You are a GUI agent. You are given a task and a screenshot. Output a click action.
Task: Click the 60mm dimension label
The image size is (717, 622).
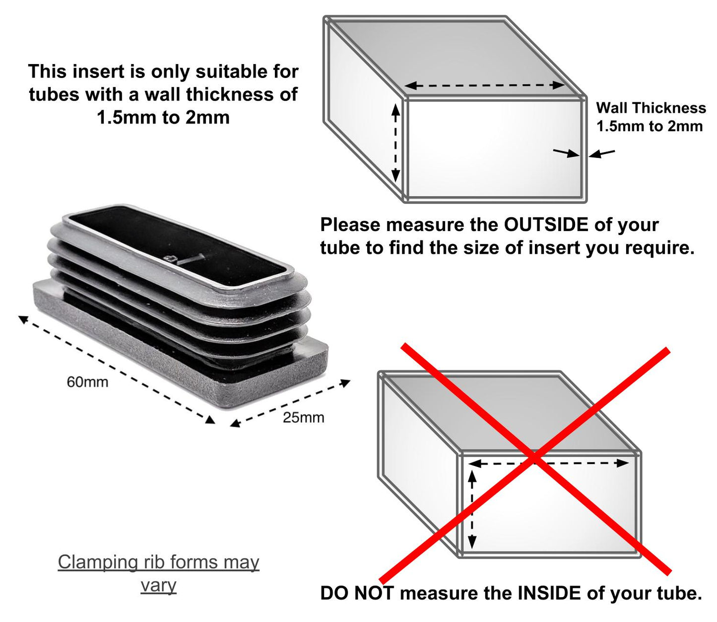click(x=87, y=382)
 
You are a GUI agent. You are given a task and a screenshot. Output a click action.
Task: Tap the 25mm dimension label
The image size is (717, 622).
click(x=303, y=417)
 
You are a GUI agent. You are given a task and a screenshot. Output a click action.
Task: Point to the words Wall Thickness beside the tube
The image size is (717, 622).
click(x=651, y=108)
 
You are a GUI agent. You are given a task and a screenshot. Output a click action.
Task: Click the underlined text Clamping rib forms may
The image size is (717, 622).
click(x=158, y=562)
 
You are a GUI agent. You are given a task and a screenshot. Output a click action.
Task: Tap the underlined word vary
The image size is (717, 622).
click(x=158, y=585)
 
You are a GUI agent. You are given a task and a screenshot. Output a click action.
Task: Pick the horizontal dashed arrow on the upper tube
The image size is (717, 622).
click(x=485, y=85)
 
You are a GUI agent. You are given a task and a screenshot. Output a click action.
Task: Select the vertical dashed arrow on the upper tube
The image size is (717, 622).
click(x=395, y=143)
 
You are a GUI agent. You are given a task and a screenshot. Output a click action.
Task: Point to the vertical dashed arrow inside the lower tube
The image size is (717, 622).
click(x=472, y=509)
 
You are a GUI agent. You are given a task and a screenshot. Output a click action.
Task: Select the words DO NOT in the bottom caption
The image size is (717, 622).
click(x=357, y=593)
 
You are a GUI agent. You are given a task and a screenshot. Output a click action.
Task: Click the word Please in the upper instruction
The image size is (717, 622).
click(x=350, y=225)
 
